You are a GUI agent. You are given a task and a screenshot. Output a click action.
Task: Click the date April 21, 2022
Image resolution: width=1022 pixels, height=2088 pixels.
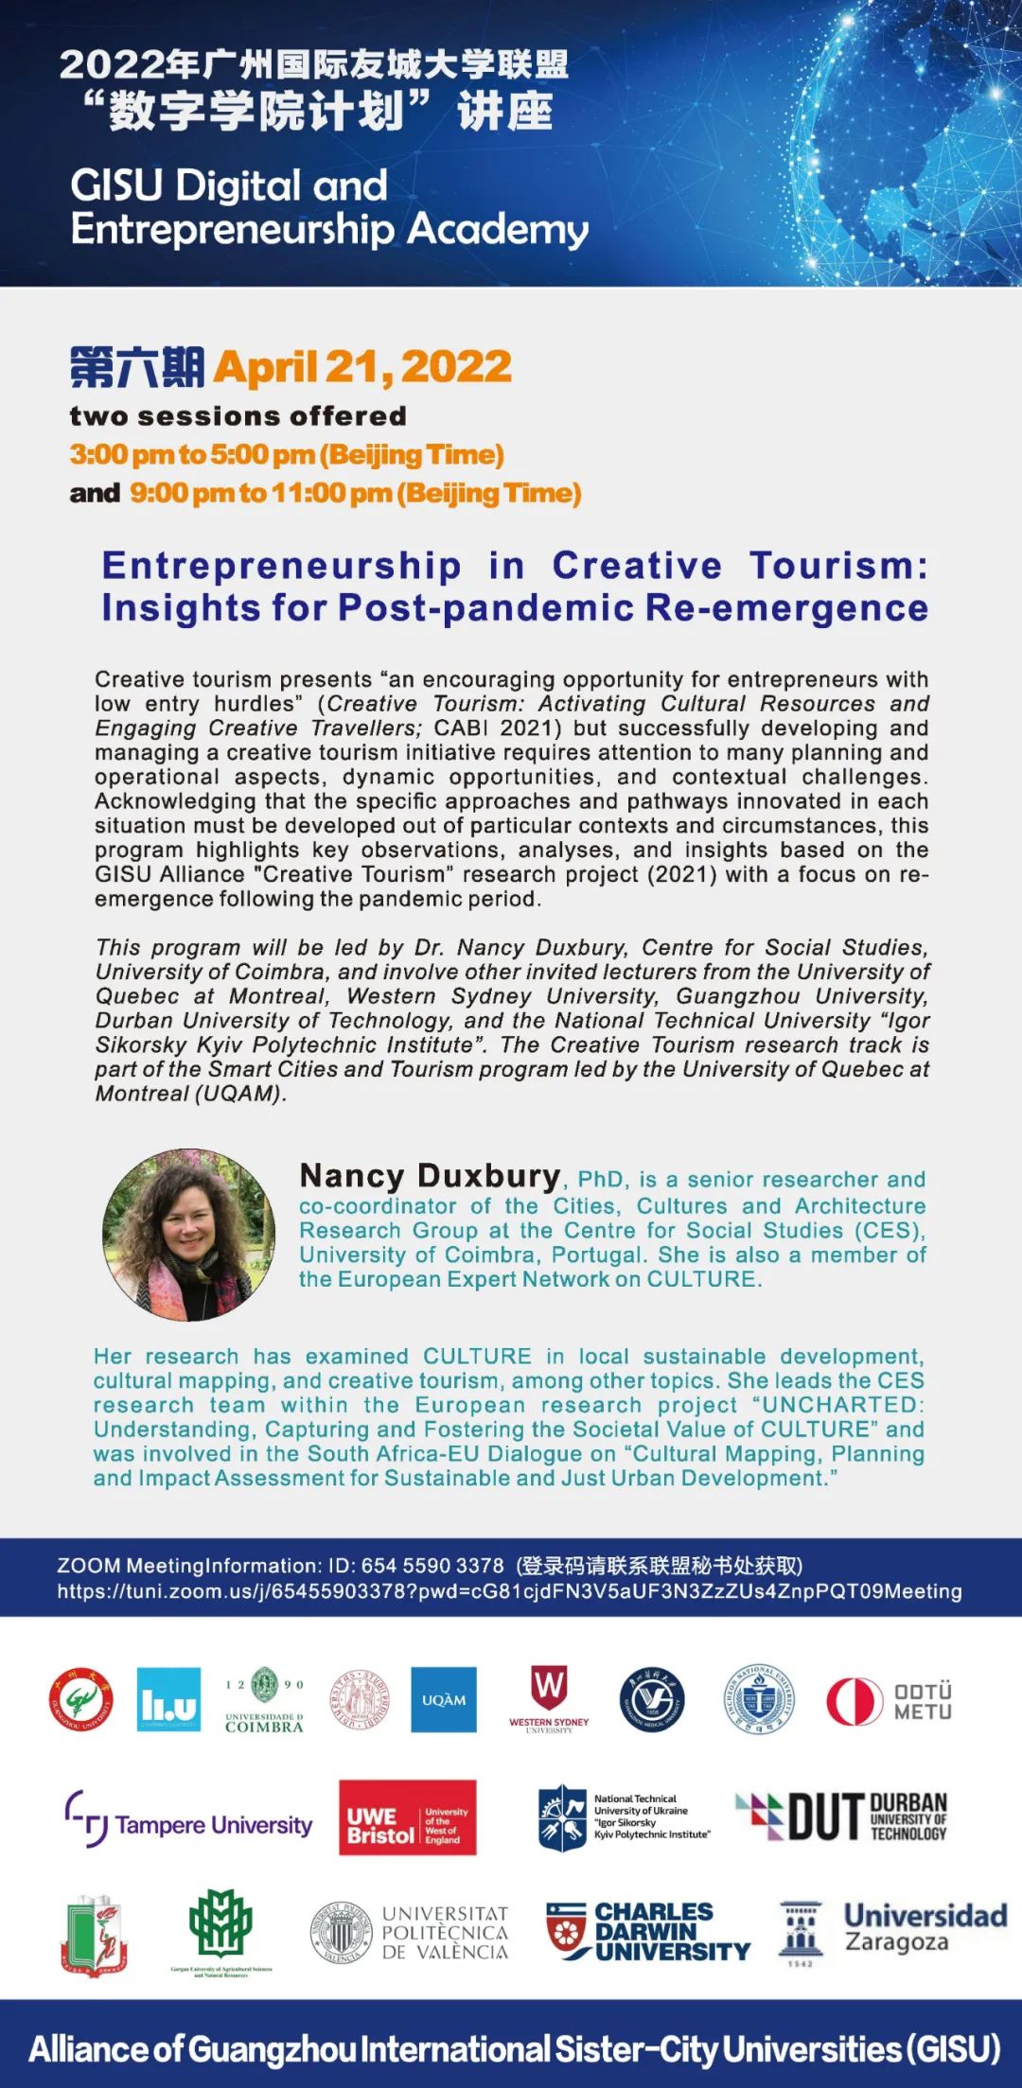point(362,367)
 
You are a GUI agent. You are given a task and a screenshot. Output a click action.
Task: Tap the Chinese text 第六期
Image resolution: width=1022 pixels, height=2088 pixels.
point(136,367)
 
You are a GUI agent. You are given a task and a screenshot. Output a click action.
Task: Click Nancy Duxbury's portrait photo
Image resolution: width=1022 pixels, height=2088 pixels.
point(188,1235)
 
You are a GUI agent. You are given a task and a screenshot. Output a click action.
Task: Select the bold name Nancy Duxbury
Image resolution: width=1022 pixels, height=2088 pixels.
point(430,1176)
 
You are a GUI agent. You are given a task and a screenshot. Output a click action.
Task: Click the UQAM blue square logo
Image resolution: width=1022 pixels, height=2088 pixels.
point(444,1699)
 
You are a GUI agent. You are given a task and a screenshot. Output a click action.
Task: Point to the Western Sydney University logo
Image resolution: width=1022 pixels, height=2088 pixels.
point(549,1699)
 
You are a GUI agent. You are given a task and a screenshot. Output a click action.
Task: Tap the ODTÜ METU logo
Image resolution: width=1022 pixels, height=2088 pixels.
point(889,1701)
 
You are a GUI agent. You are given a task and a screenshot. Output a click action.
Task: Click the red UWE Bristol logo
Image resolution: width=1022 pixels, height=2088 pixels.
point(407,1817)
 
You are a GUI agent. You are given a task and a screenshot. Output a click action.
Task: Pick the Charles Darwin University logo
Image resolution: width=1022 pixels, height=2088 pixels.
point(648,1931)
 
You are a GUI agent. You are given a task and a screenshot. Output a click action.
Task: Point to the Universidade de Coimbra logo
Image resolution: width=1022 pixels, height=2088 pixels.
point(264,1699)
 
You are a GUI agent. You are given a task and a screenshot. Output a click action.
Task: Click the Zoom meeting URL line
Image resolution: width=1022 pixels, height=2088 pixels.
point(509,1591)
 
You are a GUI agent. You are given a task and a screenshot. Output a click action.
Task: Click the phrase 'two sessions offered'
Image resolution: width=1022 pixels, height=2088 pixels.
point(238,416)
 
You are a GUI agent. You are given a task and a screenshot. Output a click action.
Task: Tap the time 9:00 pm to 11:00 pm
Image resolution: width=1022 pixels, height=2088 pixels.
point(355,493)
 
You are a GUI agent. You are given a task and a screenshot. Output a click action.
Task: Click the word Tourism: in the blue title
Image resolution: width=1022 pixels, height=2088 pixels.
point(838,566)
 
